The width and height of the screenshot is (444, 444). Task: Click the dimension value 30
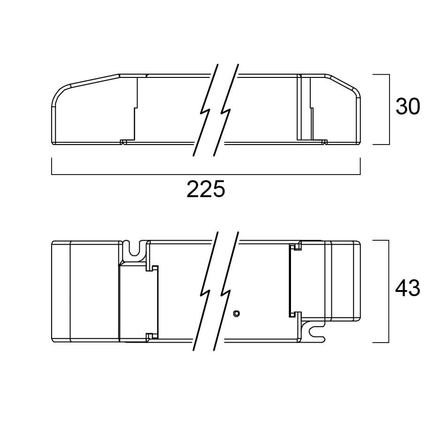point(408,107)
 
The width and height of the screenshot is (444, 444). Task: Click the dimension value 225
point(206,189)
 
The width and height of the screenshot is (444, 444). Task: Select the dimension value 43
point(408,288)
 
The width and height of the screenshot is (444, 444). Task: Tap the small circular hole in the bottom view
point(236,314)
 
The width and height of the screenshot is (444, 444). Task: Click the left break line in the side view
point(206,110)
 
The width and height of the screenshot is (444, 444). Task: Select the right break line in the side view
point(226,110)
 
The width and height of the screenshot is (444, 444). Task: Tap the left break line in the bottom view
point(206,291)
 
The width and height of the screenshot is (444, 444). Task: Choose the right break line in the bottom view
point(226,291)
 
